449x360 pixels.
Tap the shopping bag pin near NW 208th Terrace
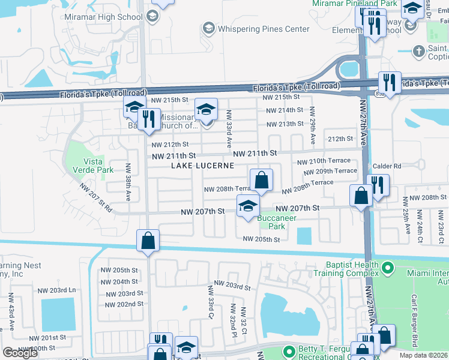point(262,179)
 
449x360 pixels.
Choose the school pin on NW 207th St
point(247,206)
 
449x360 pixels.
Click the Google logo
point(20,353)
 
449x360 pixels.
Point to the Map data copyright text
point(423,355)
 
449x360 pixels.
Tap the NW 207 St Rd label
point(96,199)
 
